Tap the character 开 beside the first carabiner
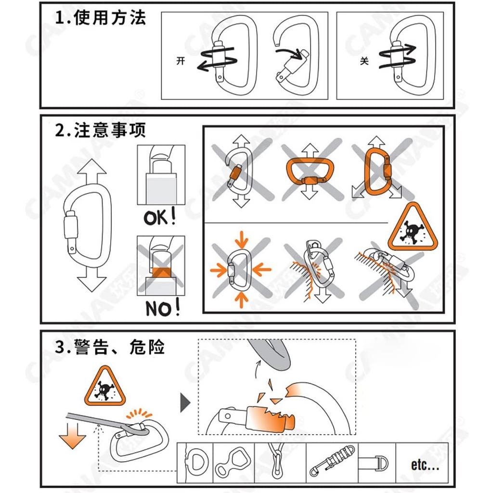click(x=181, y=62)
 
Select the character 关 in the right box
click(x=364, y=62)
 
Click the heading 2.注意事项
click(x=100, y=130)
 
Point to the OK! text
click(x=160, y=218)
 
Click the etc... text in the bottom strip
click(x=425, y=465)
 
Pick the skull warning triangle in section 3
click(x=104, y=386)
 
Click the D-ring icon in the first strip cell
click(x=197, y=462)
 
